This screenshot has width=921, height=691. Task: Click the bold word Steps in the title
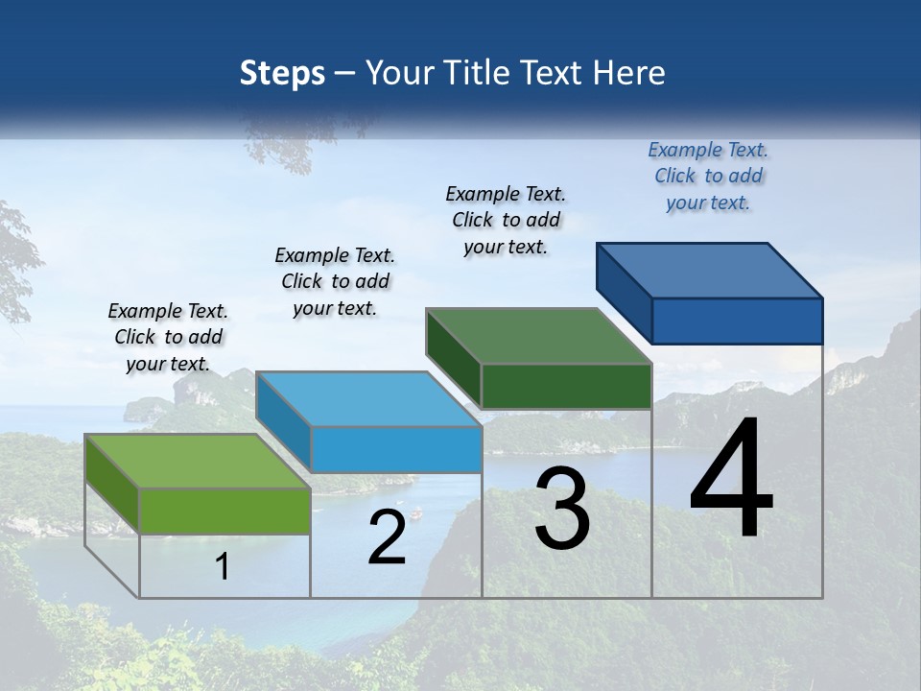coord(282,73)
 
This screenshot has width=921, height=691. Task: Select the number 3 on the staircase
coord(562,509)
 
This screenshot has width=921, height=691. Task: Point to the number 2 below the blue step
coord(387,537)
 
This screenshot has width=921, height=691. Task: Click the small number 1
coord(223,567)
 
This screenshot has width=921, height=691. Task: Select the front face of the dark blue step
coord(737,321)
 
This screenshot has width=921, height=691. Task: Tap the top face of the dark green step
coord(537,336)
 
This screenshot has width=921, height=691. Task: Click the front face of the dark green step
coord(566,386)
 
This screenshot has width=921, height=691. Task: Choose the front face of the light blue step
coord(396,449)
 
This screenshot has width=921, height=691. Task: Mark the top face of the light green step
coord(197,461)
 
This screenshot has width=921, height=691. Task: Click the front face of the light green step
coord(225,511)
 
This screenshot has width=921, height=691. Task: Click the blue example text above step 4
coord(708,176)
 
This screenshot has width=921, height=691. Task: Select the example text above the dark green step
coord(506,220)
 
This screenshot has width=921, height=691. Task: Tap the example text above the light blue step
coord(335,281)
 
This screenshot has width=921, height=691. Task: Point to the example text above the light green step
coord(168,337)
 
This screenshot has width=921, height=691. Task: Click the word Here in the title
coord(630,73)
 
